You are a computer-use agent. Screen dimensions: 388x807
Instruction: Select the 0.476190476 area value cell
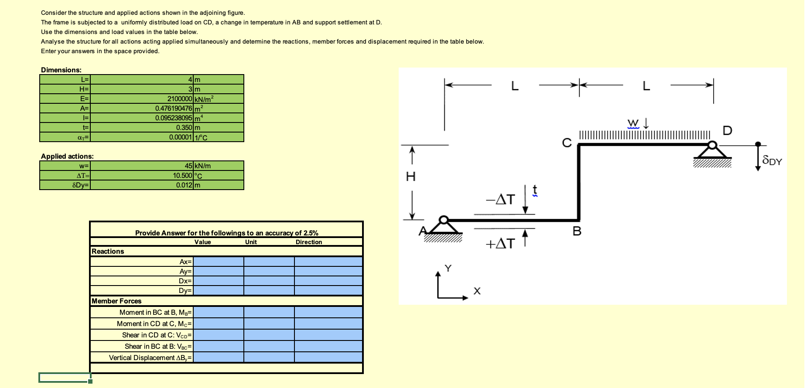pyautogui.click(x=174, y=109)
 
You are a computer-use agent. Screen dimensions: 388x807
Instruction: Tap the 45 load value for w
pyautogui.click(x=188, y=166)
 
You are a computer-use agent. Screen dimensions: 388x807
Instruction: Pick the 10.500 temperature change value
pyautogui.click(x=182, y=176)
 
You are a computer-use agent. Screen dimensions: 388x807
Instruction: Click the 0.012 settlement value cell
pyautogui.click(x=184, y=185)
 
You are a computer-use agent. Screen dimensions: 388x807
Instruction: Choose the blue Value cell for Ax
pyautogui.click(x=218, y=262)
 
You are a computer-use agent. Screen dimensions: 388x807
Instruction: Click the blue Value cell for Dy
pyautogui.click(x=218, y=291)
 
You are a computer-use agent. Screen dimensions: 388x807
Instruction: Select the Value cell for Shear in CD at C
pyautogui.click(x=218, y=335)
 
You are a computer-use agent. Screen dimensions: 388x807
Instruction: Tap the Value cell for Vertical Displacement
pyautogui.click(x=218, y=358)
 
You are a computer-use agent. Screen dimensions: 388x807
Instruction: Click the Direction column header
pyautogui.click(x=309, y=242)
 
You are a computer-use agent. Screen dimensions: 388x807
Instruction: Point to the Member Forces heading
pyautogui.click(x=116, y=301)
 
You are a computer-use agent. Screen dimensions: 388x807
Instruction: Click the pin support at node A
pyautogui.click(x=444, y=227)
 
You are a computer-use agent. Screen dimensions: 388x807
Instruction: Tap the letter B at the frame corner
pyautogui.click(x=577, y=232)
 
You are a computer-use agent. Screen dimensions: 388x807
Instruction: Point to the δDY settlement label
pyautogui.click(x=772, y=161)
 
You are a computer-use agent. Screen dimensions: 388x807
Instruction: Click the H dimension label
pyautogui.click(x=410, y=177)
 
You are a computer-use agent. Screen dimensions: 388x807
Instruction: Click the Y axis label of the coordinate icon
pyautogui.click(x=448, y=268)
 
